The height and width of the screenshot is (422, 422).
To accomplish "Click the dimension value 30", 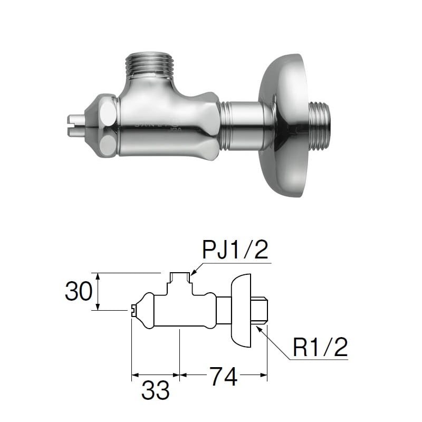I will (x=78, y=291).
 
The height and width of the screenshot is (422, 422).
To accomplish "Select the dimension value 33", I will (x=156, y=390).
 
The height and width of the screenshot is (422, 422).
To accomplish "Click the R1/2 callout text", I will (x=320, y=348).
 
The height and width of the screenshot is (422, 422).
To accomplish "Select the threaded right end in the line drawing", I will (x=262, y=311).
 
